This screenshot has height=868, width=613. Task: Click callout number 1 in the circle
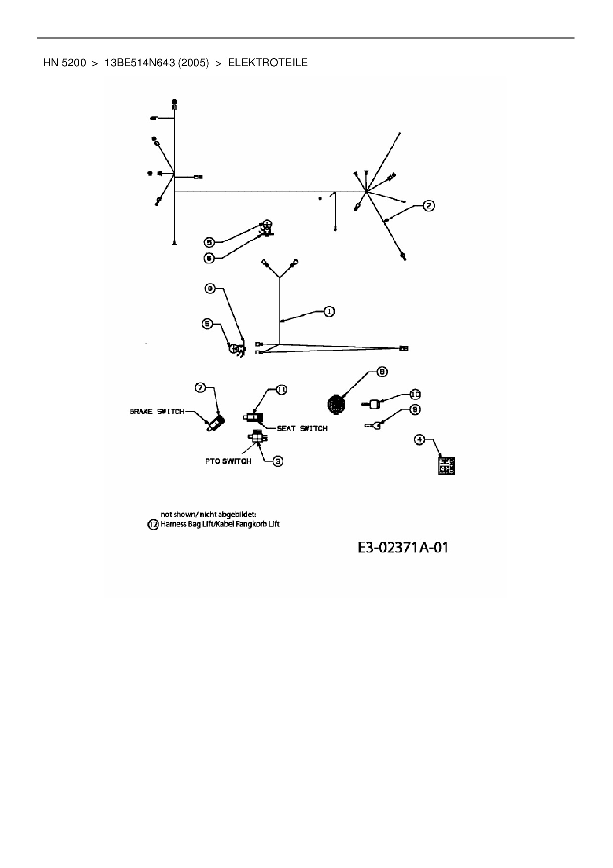[329, 311]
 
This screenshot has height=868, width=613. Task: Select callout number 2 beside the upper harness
[428, 205]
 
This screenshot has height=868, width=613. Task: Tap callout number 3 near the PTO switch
[278, 461]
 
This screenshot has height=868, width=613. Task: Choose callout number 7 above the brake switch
[200, 388]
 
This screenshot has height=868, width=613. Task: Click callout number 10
[415, 394]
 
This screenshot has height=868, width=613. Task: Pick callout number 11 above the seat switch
[281, 390]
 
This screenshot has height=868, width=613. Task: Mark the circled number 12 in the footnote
[153, 524]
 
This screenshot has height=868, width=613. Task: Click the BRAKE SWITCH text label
[157, 412]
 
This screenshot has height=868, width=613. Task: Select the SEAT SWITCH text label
[302, 428]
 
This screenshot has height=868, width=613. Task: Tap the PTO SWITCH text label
[228, 461]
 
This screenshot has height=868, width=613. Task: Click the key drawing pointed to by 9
[372, 424]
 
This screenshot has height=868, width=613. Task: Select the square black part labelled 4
[446, 466]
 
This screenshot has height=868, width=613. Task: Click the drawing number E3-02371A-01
[402, 548]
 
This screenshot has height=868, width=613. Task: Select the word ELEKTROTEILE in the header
[268, 63]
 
